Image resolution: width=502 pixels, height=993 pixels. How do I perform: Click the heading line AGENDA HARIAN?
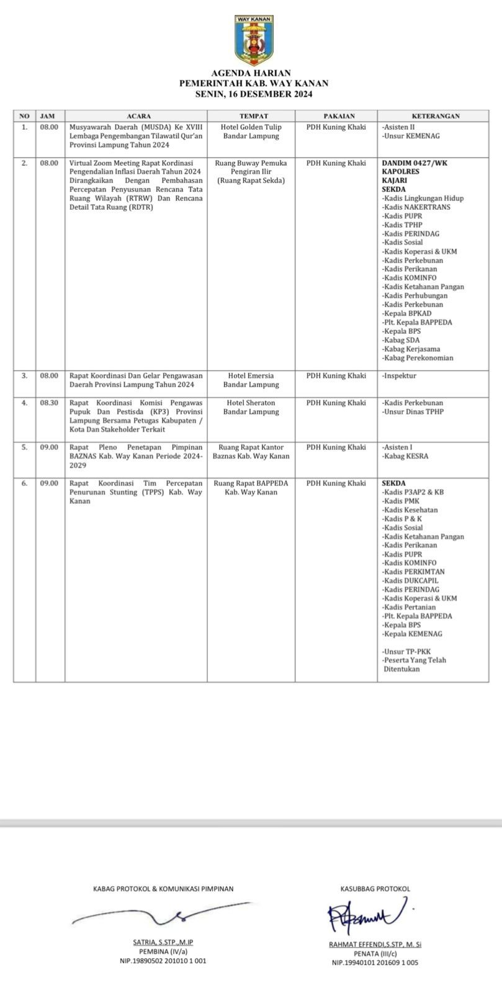coord(251,73)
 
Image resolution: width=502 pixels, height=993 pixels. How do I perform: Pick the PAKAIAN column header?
coord(338,116)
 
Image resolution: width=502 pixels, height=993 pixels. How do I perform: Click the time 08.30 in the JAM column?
coord(49,403)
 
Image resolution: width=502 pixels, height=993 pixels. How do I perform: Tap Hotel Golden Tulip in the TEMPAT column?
coord(251,127)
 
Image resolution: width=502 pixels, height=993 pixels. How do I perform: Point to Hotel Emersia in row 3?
coord(251,375)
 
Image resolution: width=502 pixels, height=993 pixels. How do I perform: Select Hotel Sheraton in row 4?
coord(251,403)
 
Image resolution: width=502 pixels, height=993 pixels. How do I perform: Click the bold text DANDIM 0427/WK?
coord(415,163)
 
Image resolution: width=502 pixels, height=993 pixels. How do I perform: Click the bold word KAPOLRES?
coord(401,171)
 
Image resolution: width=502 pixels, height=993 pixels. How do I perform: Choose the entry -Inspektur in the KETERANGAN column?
coord(399,375)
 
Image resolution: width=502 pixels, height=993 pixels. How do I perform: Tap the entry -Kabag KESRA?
coord(405,456)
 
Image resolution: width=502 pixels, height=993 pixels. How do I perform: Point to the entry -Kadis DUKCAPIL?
coord(410,581)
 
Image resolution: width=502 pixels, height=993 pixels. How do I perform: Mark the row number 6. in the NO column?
coord(24,483)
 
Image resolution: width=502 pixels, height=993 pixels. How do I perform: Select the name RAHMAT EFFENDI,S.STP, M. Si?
coord(375,945)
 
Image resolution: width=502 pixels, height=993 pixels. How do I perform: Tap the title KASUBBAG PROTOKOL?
coord(375,889)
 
